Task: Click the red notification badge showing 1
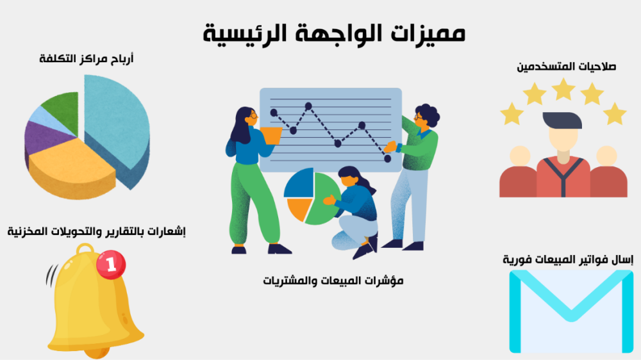click(111, 265)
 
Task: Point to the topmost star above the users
click(563, 89)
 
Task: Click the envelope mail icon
click(571, 311)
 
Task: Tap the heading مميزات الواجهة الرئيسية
click(335, 33)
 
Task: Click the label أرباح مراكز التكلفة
click(87, 59)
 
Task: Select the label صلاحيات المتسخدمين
click(566, 66)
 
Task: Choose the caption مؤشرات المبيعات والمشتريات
click(333, 281)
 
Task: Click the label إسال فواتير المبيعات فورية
click(568, 259)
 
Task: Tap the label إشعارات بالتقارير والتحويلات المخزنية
click(97, 231)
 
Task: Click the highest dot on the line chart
click(309, 106)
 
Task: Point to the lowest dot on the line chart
click(388, 159)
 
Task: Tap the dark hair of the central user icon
click(563, 120)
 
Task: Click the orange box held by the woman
click(271, 135)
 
